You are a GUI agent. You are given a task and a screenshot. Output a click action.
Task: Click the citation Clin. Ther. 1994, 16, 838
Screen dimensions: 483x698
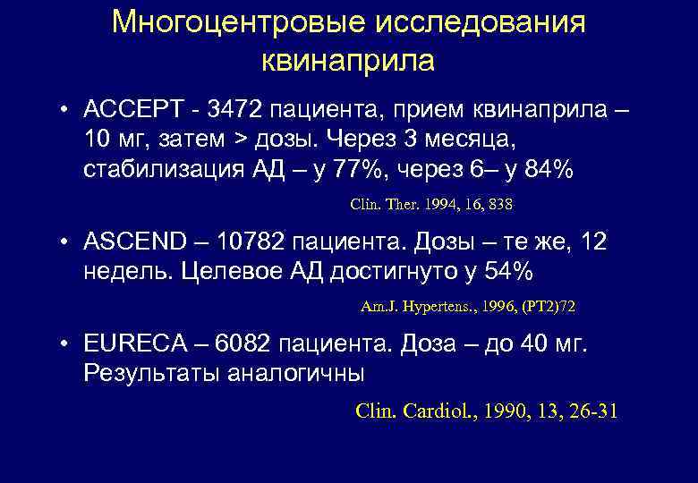pyautogui.click(x=431, y=205)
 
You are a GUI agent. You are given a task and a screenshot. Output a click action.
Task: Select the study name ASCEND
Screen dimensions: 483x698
pyautogui.click(x=133, y=242)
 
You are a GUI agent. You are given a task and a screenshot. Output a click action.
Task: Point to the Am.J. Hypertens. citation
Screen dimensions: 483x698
pyautogui.click(x=468, y=307)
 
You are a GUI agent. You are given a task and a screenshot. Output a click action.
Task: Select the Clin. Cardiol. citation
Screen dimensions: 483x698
pyautogui.click(x=486, y=411)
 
